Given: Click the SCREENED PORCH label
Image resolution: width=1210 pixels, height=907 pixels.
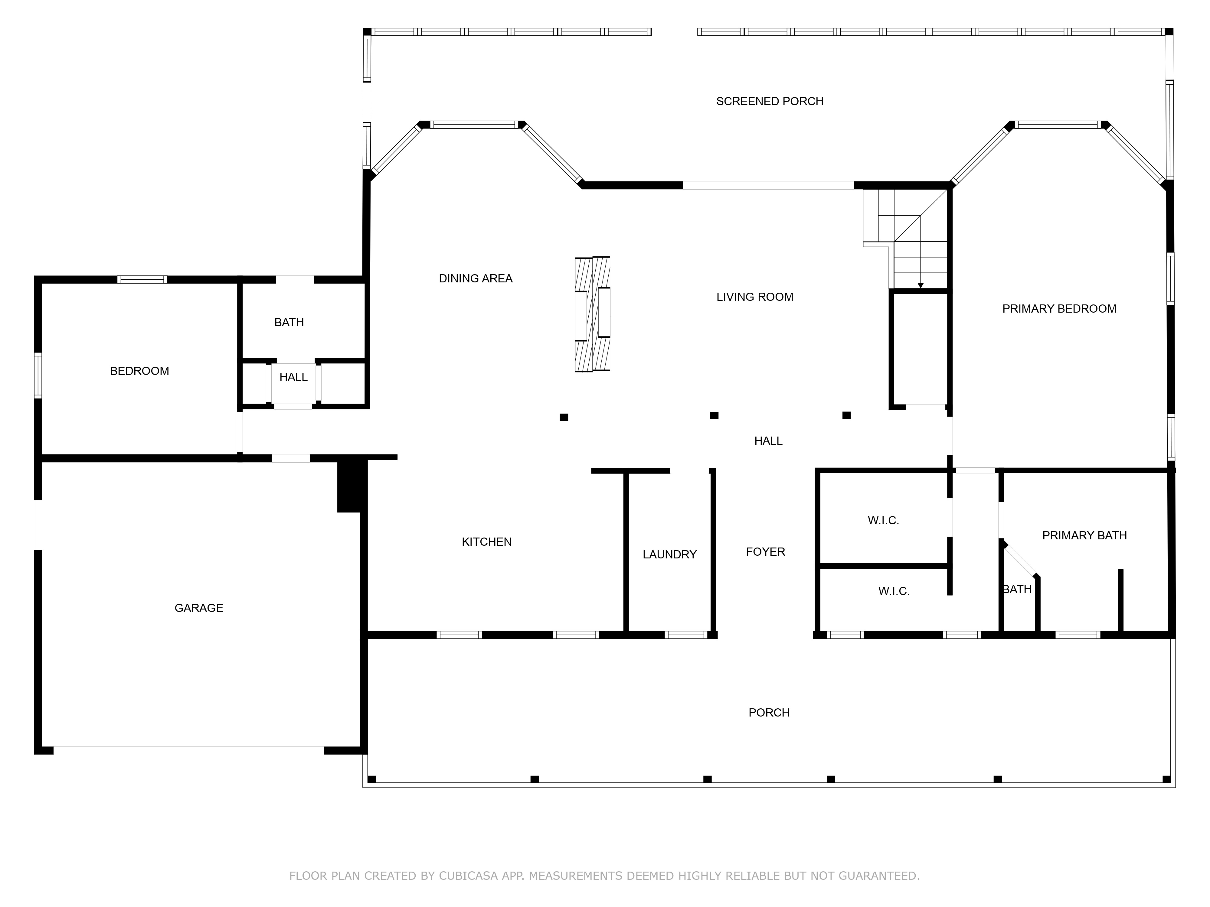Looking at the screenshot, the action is coord(770,101).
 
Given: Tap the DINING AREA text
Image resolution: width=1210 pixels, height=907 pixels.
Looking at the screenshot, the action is coord(475,278).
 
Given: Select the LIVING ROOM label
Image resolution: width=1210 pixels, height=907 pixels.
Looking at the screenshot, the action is coord(755,297).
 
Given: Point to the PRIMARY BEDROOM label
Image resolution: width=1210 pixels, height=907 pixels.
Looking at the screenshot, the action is coord(1059,309).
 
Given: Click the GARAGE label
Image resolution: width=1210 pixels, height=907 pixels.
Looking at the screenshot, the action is coord(198,608).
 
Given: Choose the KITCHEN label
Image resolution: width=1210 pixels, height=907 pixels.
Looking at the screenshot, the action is coord(486,542).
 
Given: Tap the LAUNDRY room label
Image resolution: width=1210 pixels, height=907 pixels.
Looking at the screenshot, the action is coord(669,554).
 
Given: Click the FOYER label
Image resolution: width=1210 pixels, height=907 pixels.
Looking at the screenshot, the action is coord(765,552).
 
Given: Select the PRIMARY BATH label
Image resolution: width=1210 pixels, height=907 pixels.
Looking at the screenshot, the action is coord(1084,535).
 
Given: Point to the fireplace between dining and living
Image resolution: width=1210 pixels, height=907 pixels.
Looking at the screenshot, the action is coord(592,314).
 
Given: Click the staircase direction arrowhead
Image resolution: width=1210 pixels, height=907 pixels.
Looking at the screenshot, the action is coord(921,285).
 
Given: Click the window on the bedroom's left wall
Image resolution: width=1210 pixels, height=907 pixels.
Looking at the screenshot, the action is coord(38,375).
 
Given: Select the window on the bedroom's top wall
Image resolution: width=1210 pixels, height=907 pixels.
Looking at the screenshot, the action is coord(142,279).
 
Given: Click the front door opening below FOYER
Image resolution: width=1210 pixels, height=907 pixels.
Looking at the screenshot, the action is coord(765,635).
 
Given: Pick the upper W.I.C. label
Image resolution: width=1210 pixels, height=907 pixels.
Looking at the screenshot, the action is coord(883,521).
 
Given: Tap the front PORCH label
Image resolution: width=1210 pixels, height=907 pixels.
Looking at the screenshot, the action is coord(769,712).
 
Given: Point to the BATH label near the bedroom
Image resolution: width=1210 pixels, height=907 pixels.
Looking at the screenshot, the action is coord(289,323).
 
